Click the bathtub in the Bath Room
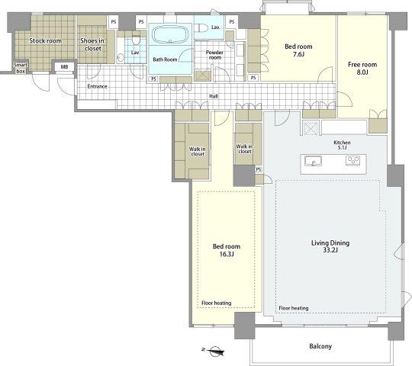170,34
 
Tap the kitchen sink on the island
313,161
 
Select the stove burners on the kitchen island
352,160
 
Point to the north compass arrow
213,351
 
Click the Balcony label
320,346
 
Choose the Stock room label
45,40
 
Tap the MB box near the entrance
64,67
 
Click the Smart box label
21,68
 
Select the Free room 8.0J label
362,68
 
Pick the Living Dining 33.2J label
330,246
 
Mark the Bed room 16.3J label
227,250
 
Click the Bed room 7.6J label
298,50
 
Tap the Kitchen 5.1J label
342,145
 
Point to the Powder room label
214,55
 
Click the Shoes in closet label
92,44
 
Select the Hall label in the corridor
214,96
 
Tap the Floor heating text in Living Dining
294,308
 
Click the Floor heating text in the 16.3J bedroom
216,303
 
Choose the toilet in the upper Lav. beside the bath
202,27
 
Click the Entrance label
97,86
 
